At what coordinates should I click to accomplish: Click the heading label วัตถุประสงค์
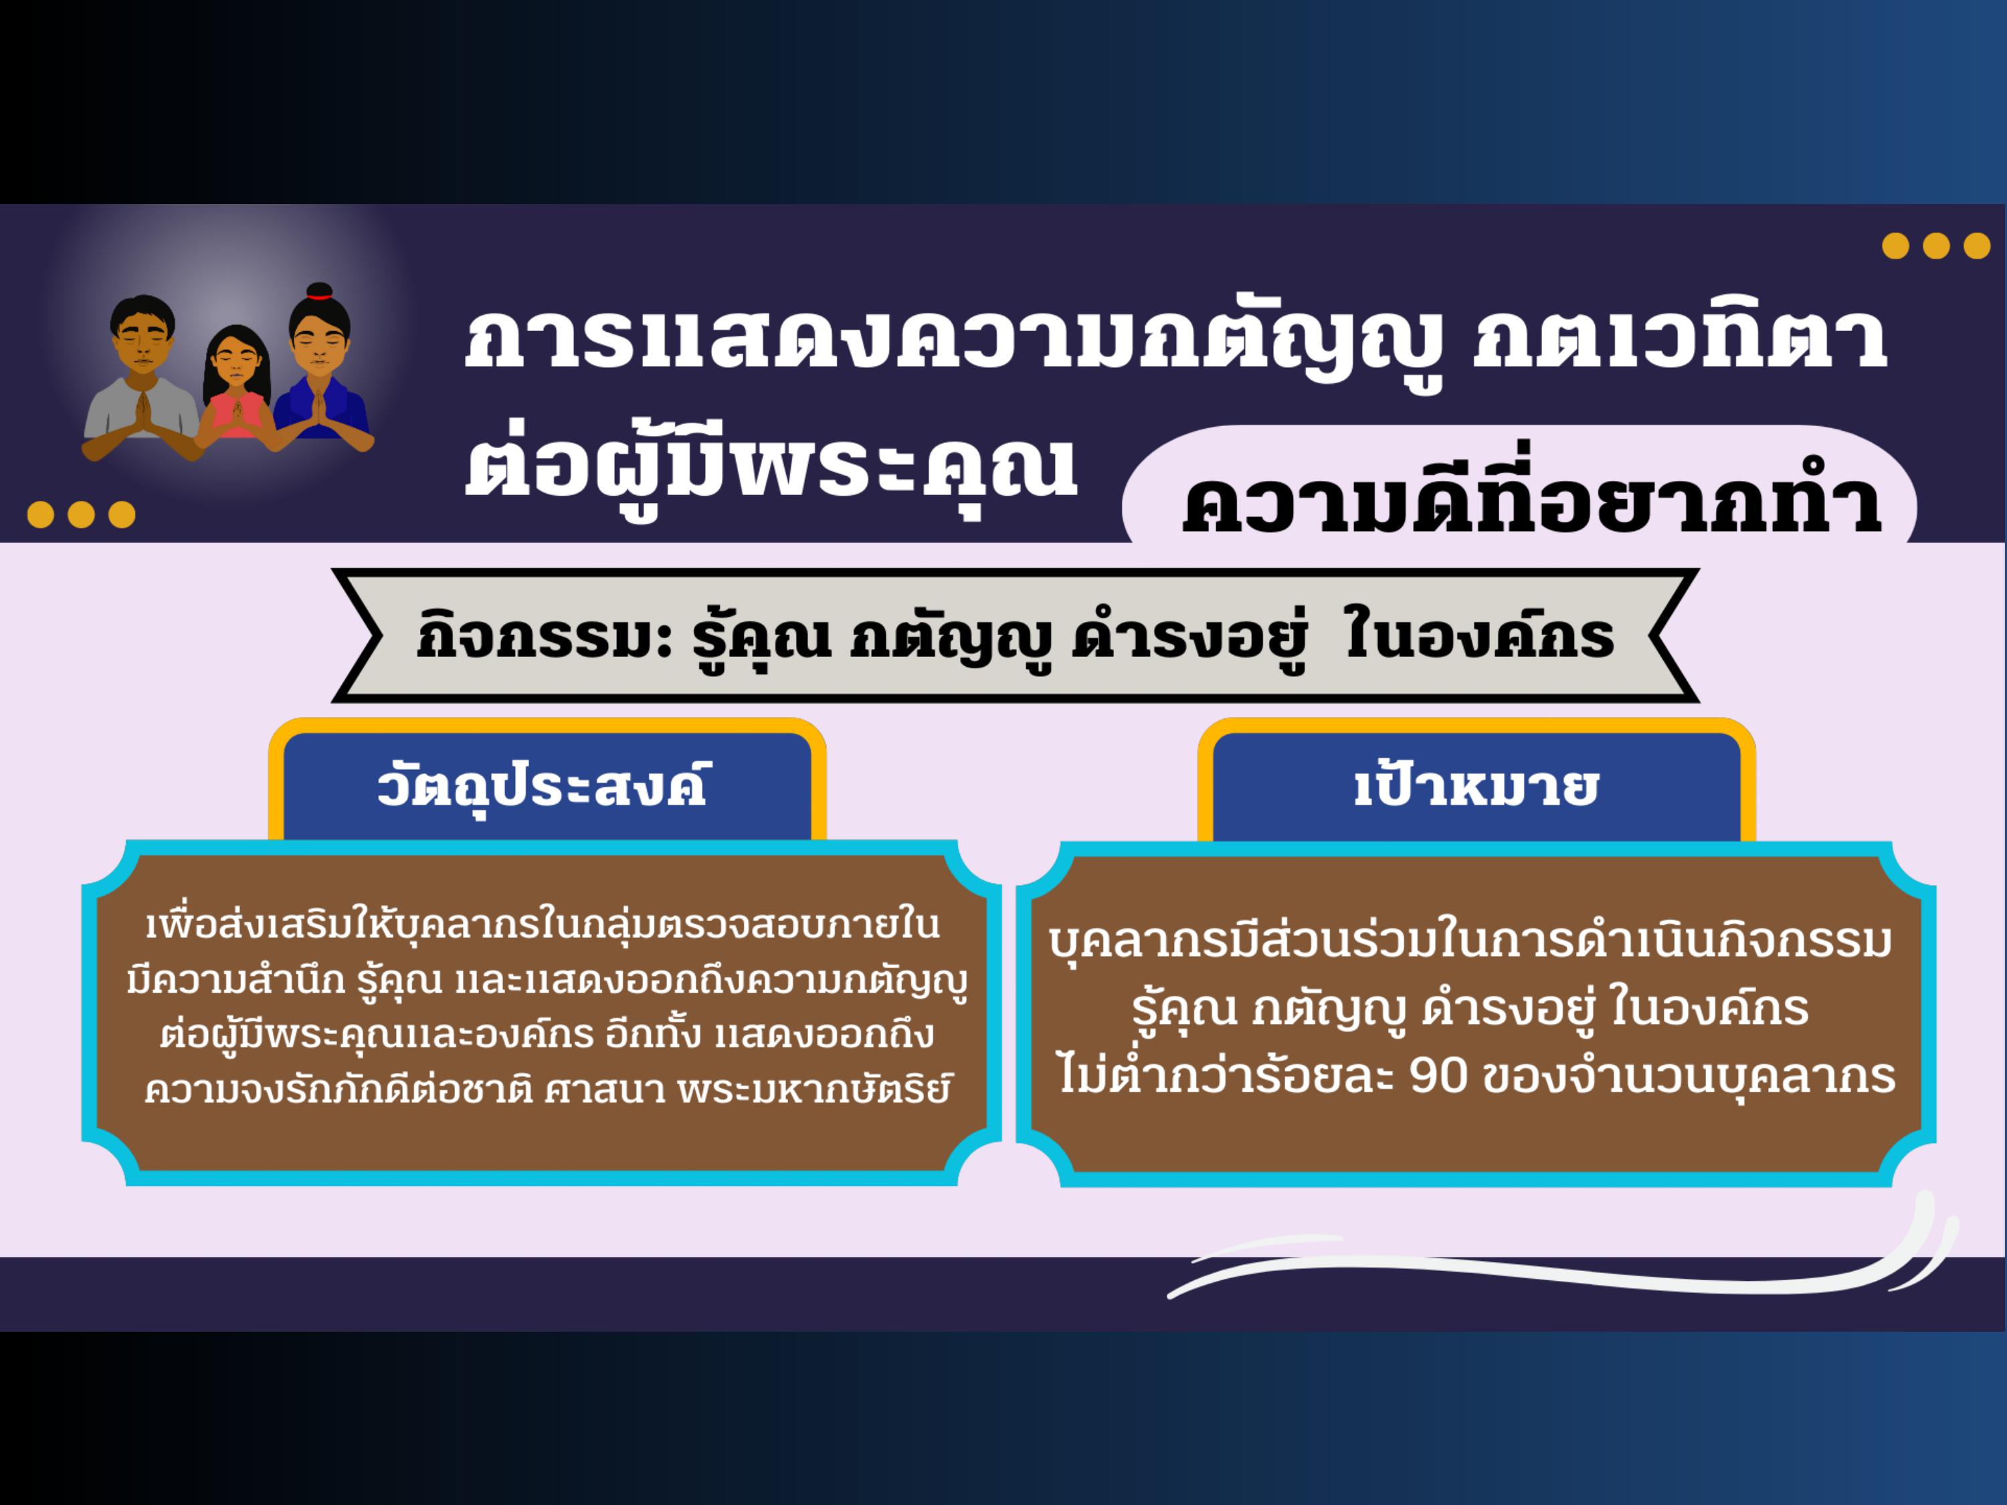pyautogui.click(x=542, y=786)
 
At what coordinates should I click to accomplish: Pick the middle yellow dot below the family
pyautogui.click(x=81, y=514)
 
